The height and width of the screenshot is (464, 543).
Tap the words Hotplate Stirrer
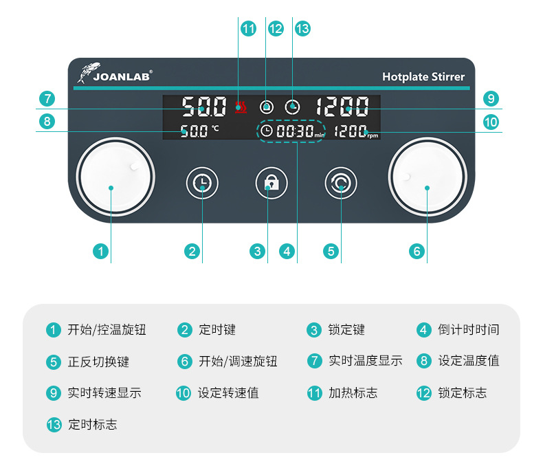423,77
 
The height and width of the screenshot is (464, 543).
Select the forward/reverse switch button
341,183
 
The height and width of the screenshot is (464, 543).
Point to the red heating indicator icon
240,107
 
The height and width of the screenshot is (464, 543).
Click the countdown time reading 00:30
295,131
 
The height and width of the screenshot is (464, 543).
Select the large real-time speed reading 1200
342,107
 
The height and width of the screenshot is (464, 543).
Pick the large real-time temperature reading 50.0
204,107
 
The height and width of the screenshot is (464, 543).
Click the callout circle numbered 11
248,29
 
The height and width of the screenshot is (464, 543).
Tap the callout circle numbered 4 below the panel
287,252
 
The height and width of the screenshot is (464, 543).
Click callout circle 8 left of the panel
46,122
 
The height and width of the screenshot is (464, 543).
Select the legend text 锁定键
346,330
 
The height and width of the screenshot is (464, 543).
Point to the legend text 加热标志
353,393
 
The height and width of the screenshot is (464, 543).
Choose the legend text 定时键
217,330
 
